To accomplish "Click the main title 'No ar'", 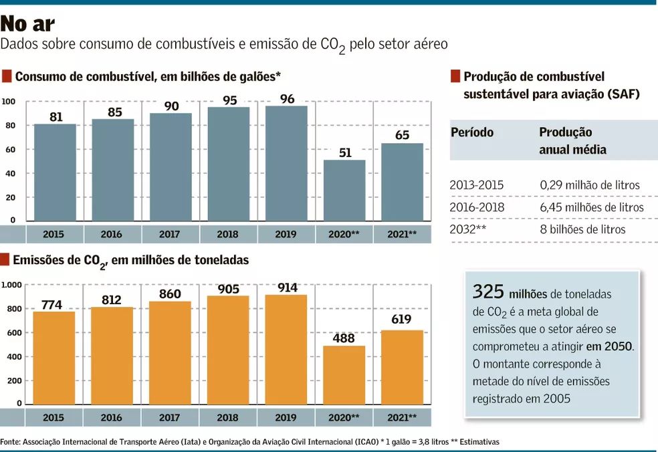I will (27, 23).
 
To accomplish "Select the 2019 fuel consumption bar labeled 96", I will (286, 164).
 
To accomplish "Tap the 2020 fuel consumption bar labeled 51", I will (344, 191).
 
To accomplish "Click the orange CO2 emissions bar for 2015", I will (53, 358).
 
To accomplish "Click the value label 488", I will (344, 338).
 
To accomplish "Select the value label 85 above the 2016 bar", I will (114, 112).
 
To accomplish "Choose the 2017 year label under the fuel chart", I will (170, 235).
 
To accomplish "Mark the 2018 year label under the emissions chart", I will (227, 418).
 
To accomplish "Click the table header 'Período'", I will (472, 132).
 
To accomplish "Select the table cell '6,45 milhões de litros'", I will (591, 207).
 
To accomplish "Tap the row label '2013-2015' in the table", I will (477, 185).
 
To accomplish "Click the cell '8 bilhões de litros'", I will (582, 229).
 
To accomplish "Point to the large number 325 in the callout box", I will (488, 292).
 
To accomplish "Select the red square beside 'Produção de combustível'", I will (455, 76).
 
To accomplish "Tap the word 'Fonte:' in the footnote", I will (10, 442).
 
